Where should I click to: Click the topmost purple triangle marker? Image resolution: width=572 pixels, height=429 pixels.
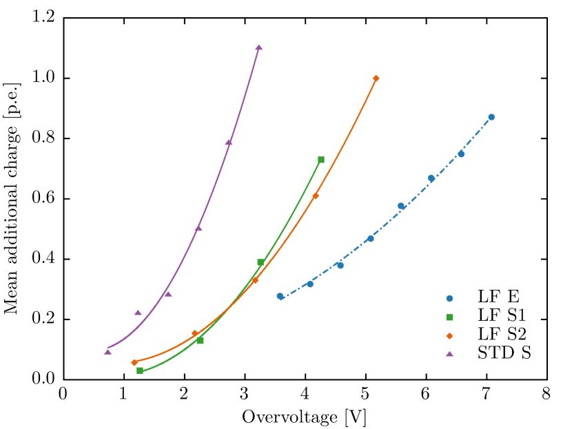(x=259, y=48)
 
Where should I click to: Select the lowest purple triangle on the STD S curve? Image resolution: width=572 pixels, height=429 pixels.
(x=108, y=351)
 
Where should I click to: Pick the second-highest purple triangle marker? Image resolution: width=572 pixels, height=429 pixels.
(x=229, y=142)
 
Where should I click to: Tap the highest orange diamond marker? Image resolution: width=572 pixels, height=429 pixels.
(x=376, y=79)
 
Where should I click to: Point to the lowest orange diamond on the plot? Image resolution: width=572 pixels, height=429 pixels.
(x=134, y=362)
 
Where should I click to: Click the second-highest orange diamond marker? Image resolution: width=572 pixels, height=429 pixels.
(x=316, y=196)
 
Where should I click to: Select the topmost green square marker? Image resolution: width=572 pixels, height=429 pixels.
(x=321, y=160)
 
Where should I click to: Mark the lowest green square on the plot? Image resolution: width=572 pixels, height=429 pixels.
(x=140, y=370)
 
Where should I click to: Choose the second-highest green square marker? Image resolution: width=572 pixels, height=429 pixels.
(x=261, y=262)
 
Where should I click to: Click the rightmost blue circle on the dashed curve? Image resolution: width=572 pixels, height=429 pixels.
(x=491, y=117)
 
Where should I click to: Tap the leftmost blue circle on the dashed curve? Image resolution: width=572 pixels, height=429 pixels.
(x=280, y=296)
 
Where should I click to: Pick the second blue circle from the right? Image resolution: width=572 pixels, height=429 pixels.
(x=461, y=154)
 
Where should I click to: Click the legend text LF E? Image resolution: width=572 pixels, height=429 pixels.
(x=498, y=297)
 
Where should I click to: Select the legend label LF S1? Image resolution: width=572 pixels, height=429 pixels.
(x=501, y=316)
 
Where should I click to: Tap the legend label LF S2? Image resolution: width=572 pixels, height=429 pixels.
(x=501, y=335)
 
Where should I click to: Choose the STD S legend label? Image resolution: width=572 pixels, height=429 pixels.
(x=504, y=353)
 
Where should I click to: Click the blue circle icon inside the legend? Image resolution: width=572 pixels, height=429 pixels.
(x=449, y=298)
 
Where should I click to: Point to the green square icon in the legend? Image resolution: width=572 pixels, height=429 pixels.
(x=449, y=317)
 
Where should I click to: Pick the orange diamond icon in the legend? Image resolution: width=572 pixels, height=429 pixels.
(x=449, y=335)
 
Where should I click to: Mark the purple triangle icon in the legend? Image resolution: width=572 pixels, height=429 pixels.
(x=449, y=353)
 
